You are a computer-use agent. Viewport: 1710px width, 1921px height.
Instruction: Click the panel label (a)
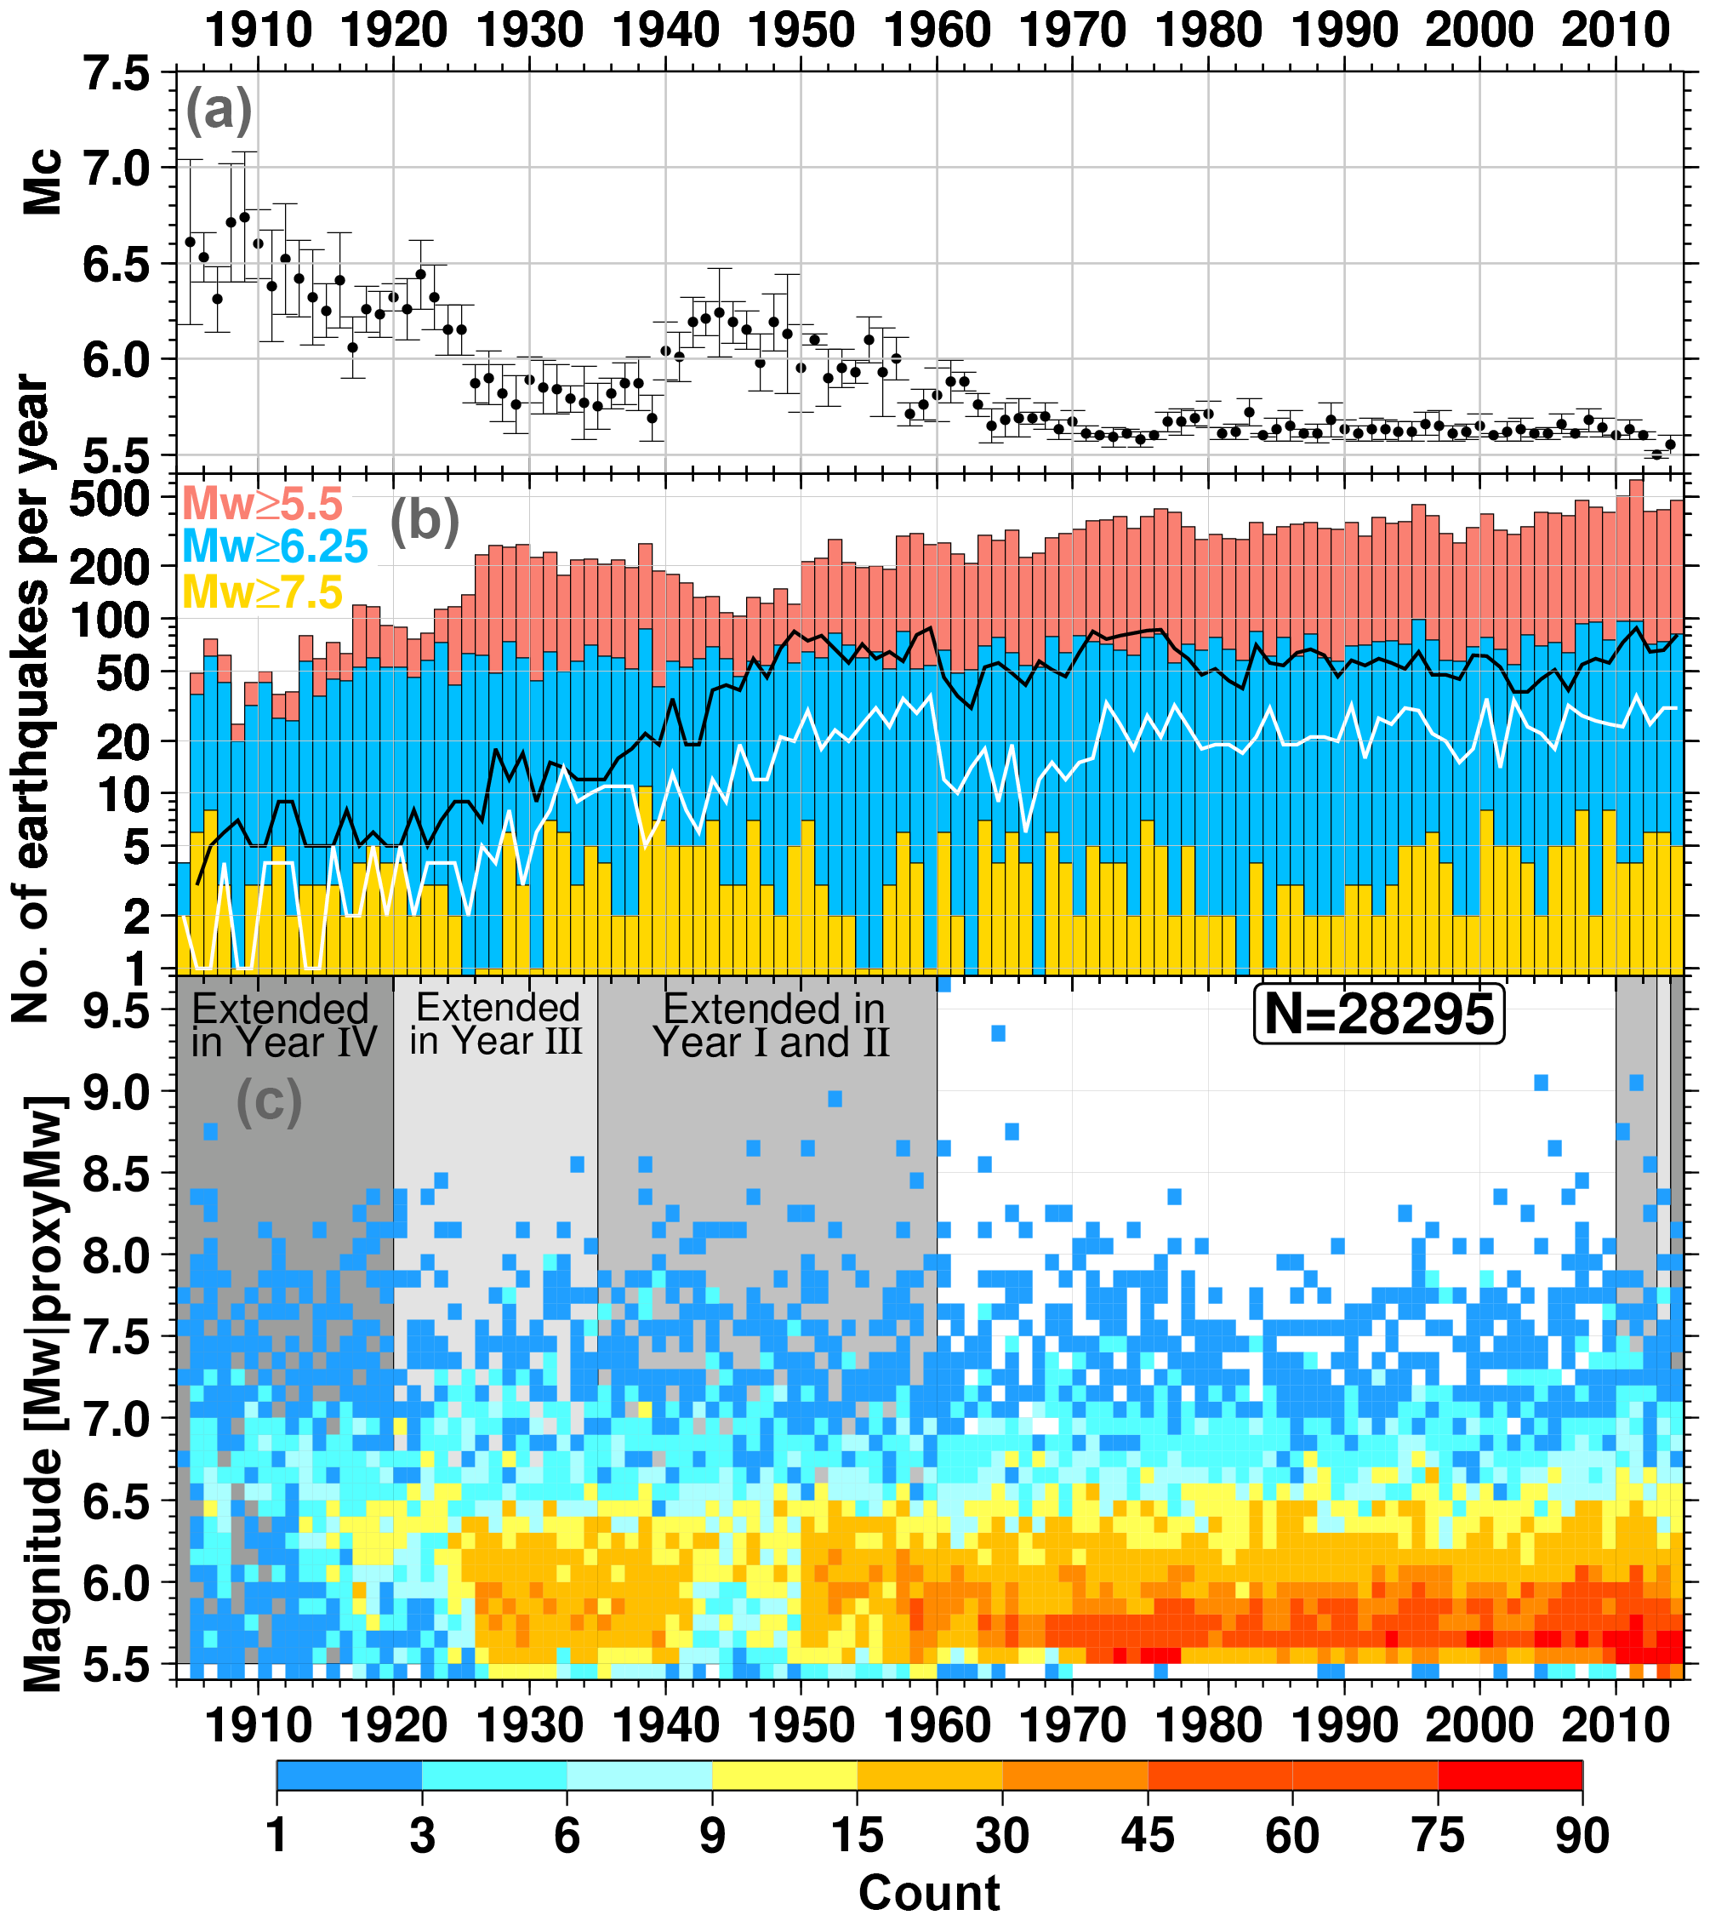219,110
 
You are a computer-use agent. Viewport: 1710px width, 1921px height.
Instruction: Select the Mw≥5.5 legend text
262,505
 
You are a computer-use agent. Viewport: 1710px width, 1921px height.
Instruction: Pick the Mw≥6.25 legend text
274,547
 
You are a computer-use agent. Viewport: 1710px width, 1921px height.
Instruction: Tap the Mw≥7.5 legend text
262,592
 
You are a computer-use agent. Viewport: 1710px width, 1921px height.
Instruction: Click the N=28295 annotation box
1378,1013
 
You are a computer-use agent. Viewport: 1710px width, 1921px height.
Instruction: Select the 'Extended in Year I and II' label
772,1026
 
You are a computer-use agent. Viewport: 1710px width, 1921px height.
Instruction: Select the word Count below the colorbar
928,1892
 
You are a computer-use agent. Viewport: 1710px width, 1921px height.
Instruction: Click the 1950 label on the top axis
801,31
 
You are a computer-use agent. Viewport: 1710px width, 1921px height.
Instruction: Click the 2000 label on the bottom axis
1479,1725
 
